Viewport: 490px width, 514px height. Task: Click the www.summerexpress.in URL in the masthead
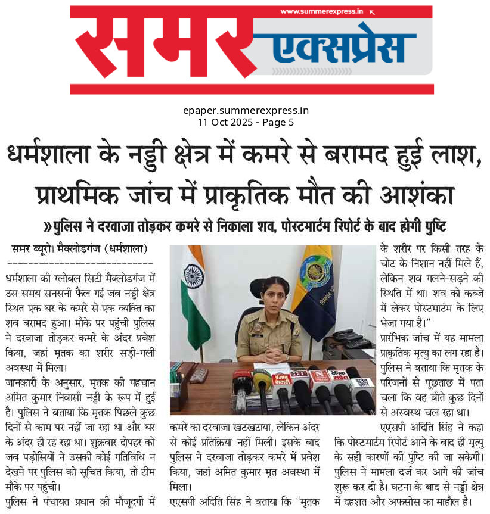(x=321, y=11)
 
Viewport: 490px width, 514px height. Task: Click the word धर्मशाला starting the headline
(x=47, y=157)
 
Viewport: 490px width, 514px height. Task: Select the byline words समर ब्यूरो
(x=32, y=248)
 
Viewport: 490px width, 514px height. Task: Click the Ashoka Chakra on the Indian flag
(x=194, y=276)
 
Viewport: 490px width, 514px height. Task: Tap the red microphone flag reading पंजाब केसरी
(x=281, y=379)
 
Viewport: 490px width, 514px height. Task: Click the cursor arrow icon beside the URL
(x=373, y=11)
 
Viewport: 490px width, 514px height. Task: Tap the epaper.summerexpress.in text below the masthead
(x=246, y=110)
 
